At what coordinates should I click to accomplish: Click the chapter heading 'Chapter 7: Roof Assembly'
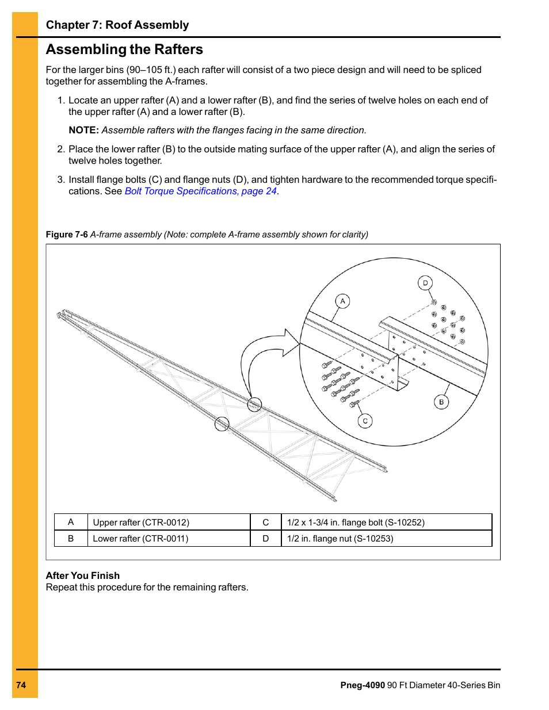[x=117, y=25]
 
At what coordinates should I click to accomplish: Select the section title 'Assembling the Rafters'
[x=124, y=49]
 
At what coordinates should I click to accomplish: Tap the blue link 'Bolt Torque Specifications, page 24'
[x=200, y=191]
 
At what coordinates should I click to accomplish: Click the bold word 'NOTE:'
[x=83, y=131]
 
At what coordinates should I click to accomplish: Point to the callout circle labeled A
[x=342, y=301]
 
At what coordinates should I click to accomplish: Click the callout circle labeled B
[x=441, y=402]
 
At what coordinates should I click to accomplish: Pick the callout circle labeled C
[x=365, y=421]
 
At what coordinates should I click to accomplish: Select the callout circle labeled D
[x=425, y=283]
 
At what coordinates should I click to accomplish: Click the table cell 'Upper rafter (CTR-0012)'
[x=141, y=523]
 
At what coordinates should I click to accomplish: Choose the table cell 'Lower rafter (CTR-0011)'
[x=140, y=539]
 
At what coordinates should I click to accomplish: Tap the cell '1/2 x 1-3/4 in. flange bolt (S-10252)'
[x=356, y=523]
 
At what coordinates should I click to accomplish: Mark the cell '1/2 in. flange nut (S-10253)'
[x=340, y=539]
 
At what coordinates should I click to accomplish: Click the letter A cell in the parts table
[x=71, y=522]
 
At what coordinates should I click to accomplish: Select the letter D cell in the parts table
[x=266, y=539]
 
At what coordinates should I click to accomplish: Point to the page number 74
[x=21, y=685]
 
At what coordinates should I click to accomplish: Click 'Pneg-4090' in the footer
[x=363, y=685]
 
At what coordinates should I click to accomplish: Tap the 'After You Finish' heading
[x=83, y=575]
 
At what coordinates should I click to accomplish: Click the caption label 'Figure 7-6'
[x=67, y=235]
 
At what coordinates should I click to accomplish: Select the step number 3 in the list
[x=60, y=180]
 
